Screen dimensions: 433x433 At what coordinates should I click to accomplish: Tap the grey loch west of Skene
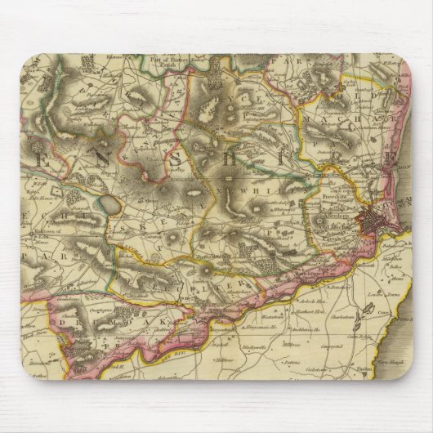point(107,203)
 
